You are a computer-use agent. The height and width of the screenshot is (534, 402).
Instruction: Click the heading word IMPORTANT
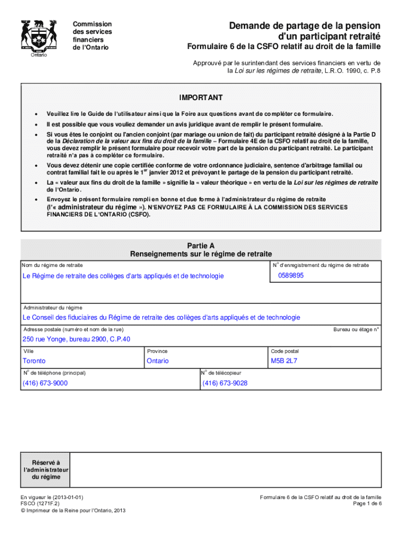[201, 98]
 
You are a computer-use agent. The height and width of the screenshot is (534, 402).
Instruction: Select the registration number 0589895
[291, 275]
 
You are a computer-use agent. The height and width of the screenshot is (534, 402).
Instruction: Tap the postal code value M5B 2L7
[283, 361]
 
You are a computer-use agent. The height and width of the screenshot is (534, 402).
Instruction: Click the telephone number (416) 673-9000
[45, 383]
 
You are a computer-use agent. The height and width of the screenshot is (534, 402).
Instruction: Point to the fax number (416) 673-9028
[225, 383]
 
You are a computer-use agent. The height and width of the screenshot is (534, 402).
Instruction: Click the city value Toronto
[34, 361]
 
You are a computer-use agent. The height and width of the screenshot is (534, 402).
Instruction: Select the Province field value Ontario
[158, 361]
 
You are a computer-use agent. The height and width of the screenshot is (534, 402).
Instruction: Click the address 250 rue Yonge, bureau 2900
[76, 339]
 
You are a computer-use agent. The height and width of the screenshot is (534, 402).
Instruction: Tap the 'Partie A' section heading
[201, 245]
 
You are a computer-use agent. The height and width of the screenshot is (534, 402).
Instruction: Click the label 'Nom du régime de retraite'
[52, 265]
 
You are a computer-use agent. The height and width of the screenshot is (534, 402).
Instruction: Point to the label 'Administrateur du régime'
[53, 308]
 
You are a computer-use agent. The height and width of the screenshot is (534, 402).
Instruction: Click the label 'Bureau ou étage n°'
[356, 329]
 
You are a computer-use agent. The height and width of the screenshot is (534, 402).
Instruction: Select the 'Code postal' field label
[285, 351]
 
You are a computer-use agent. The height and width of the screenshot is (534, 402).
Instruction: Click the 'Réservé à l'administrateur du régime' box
[45, 470]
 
